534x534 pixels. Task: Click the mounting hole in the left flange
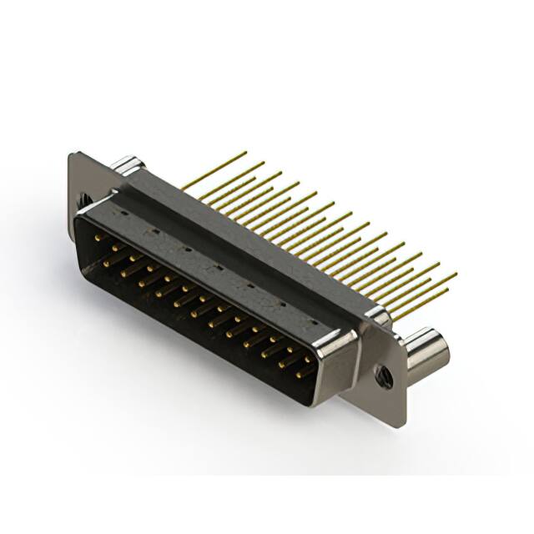coord(85,200)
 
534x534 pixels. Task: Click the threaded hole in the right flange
coord(384,375)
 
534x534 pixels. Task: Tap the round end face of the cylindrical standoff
coord(436,350)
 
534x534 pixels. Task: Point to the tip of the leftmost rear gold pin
coord(244,153)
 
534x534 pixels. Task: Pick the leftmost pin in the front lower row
coord(106,261)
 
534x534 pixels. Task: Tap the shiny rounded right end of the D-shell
coord(342,355)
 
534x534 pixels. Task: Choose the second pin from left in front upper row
coord(116,248)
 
